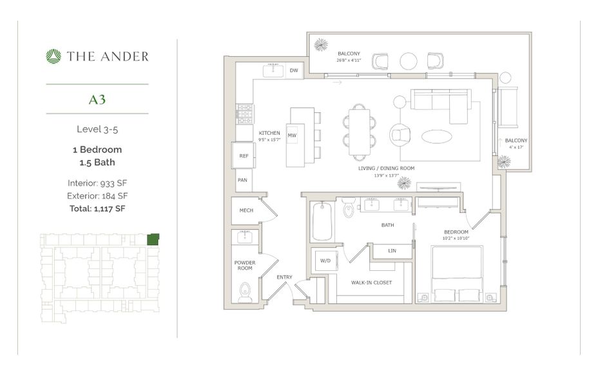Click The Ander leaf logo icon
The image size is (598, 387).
click(x=53, y=57)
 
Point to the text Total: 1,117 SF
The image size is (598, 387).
click(x=97, y=208)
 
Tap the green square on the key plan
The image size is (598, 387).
click(x=153, y=239)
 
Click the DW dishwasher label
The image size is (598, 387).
click(x=294, y=70)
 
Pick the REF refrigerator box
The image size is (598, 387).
click(x=244, y=156)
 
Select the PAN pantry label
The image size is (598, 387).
click(x=243, y=181)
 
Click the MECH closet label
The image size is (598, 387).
click(x=246, y=210)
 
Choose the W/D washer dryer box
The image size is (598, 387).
click(x=325, y=261)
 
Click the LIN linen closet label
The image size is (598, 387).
click(x=392, y=250)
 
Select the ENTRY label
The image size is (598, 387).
click(x=284, y=277)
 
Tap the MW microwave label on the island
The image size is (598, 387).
click(x=292, y=135)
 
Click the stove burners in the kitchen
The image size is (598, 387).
click(x=244, y=115)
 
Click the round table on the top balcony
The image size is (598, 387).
click(x=409, y=61)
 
